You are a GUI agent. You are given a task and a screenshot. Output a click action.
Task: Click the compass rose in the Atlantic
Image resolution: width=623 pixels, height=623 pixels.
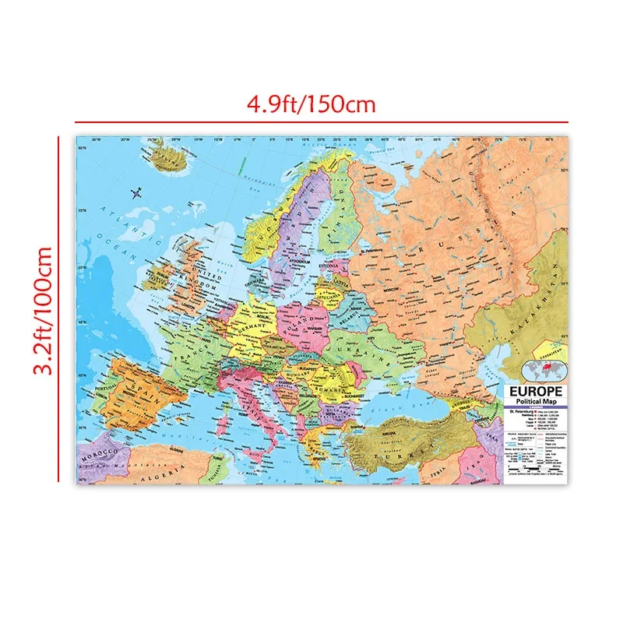point(138,192)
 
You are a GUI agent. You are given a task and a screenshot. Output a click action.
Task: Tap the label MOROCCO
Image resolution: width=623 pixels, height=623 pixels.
point(101,452)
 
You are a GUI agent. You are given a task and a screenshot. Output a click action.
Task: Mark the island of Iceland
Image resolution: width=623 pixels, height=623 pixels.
point(168,160)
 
